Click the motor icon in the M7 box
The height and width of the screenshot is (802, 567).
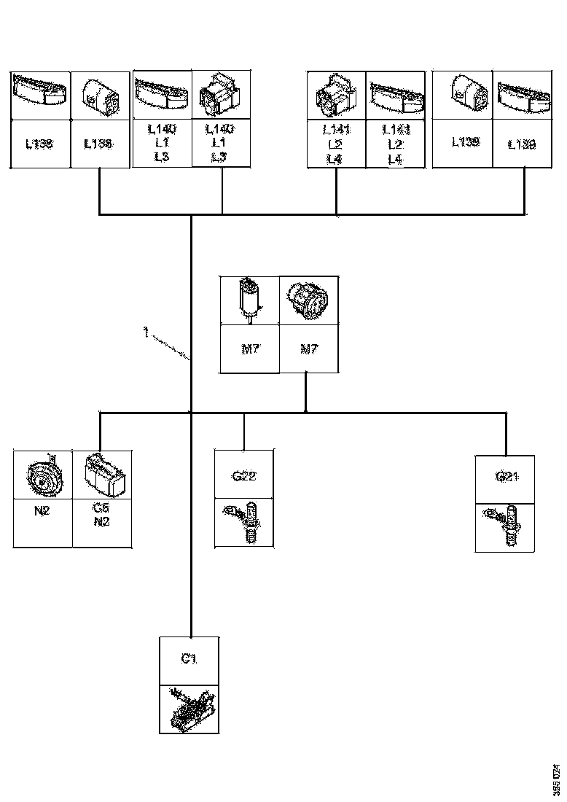[x=249, y=299]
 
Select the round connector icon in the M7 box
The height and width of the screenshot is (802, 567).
[x=308, y=299]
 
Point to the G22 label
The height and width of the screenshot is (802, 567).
[x=243, y=476]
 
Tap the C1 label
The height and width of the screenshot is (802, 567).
[x=189, y=660]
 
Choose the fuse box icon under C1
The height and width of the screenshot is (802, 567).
[x=189, y=708]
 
